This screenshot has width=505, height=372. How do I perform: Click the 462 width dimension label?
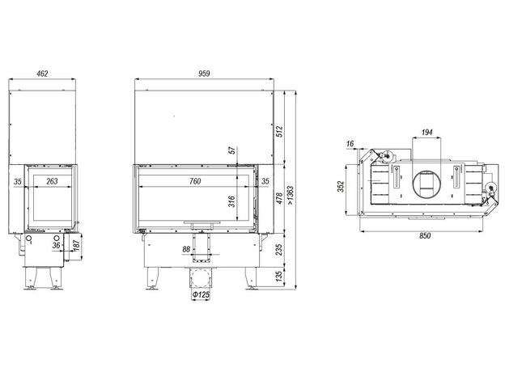(x=42, y=74)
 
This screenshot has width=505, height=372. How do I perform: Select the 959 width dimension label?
(x=204, y=74)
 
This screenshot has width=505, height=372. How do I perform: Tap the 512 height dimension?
(x=279, y=131)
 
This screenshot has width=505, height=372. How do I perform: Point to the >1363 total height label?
(x=291, y=196)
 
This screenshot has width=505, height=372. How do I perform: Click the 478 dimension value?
(x=279, y=198)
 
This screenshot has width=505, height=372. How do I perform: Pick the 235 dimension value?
(x=279, y=249)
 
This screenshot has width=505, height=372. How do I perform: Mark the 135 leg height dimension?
(x=279, y=276)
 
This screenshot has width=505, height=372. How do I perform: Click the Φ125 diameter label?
(x=201, y=294)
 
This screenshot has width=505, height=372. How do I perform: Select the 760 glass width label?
(x=195, y=181)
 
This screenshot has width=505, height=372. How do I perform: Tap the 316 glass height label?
(x=232, y=201)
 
